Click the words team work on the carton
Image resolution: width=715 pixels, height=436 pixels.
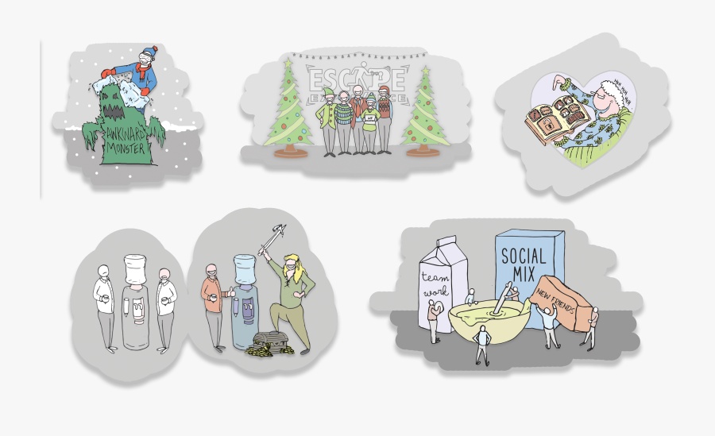point(435,283)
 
